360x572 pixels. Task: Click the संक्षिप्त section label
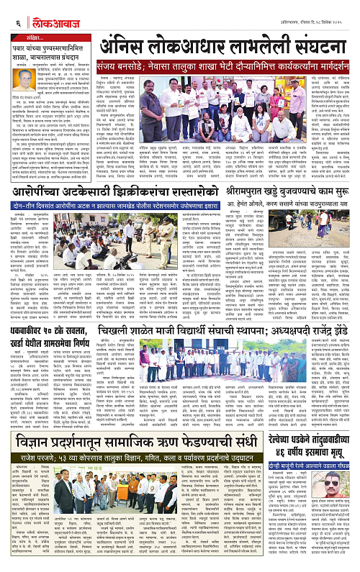[31, 35]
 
